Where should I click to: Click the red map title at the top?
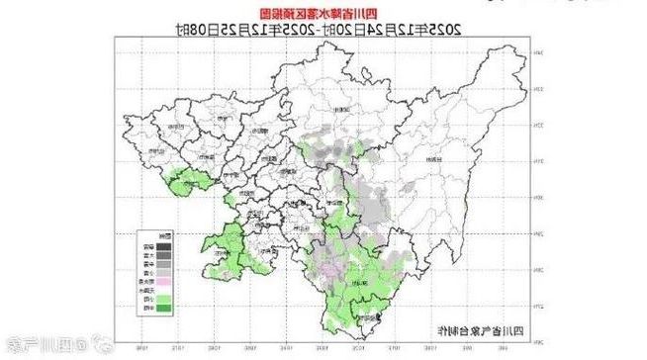click(x=323, y=13)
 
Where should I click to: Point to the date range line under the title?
click(x=323, y=30)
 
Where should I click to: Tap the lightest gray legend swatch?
click(x=143, y=273)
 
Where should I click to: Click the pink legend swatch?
click(x=143, y=283)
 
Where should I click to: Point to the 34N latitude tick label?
click(x=539, y=52)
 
